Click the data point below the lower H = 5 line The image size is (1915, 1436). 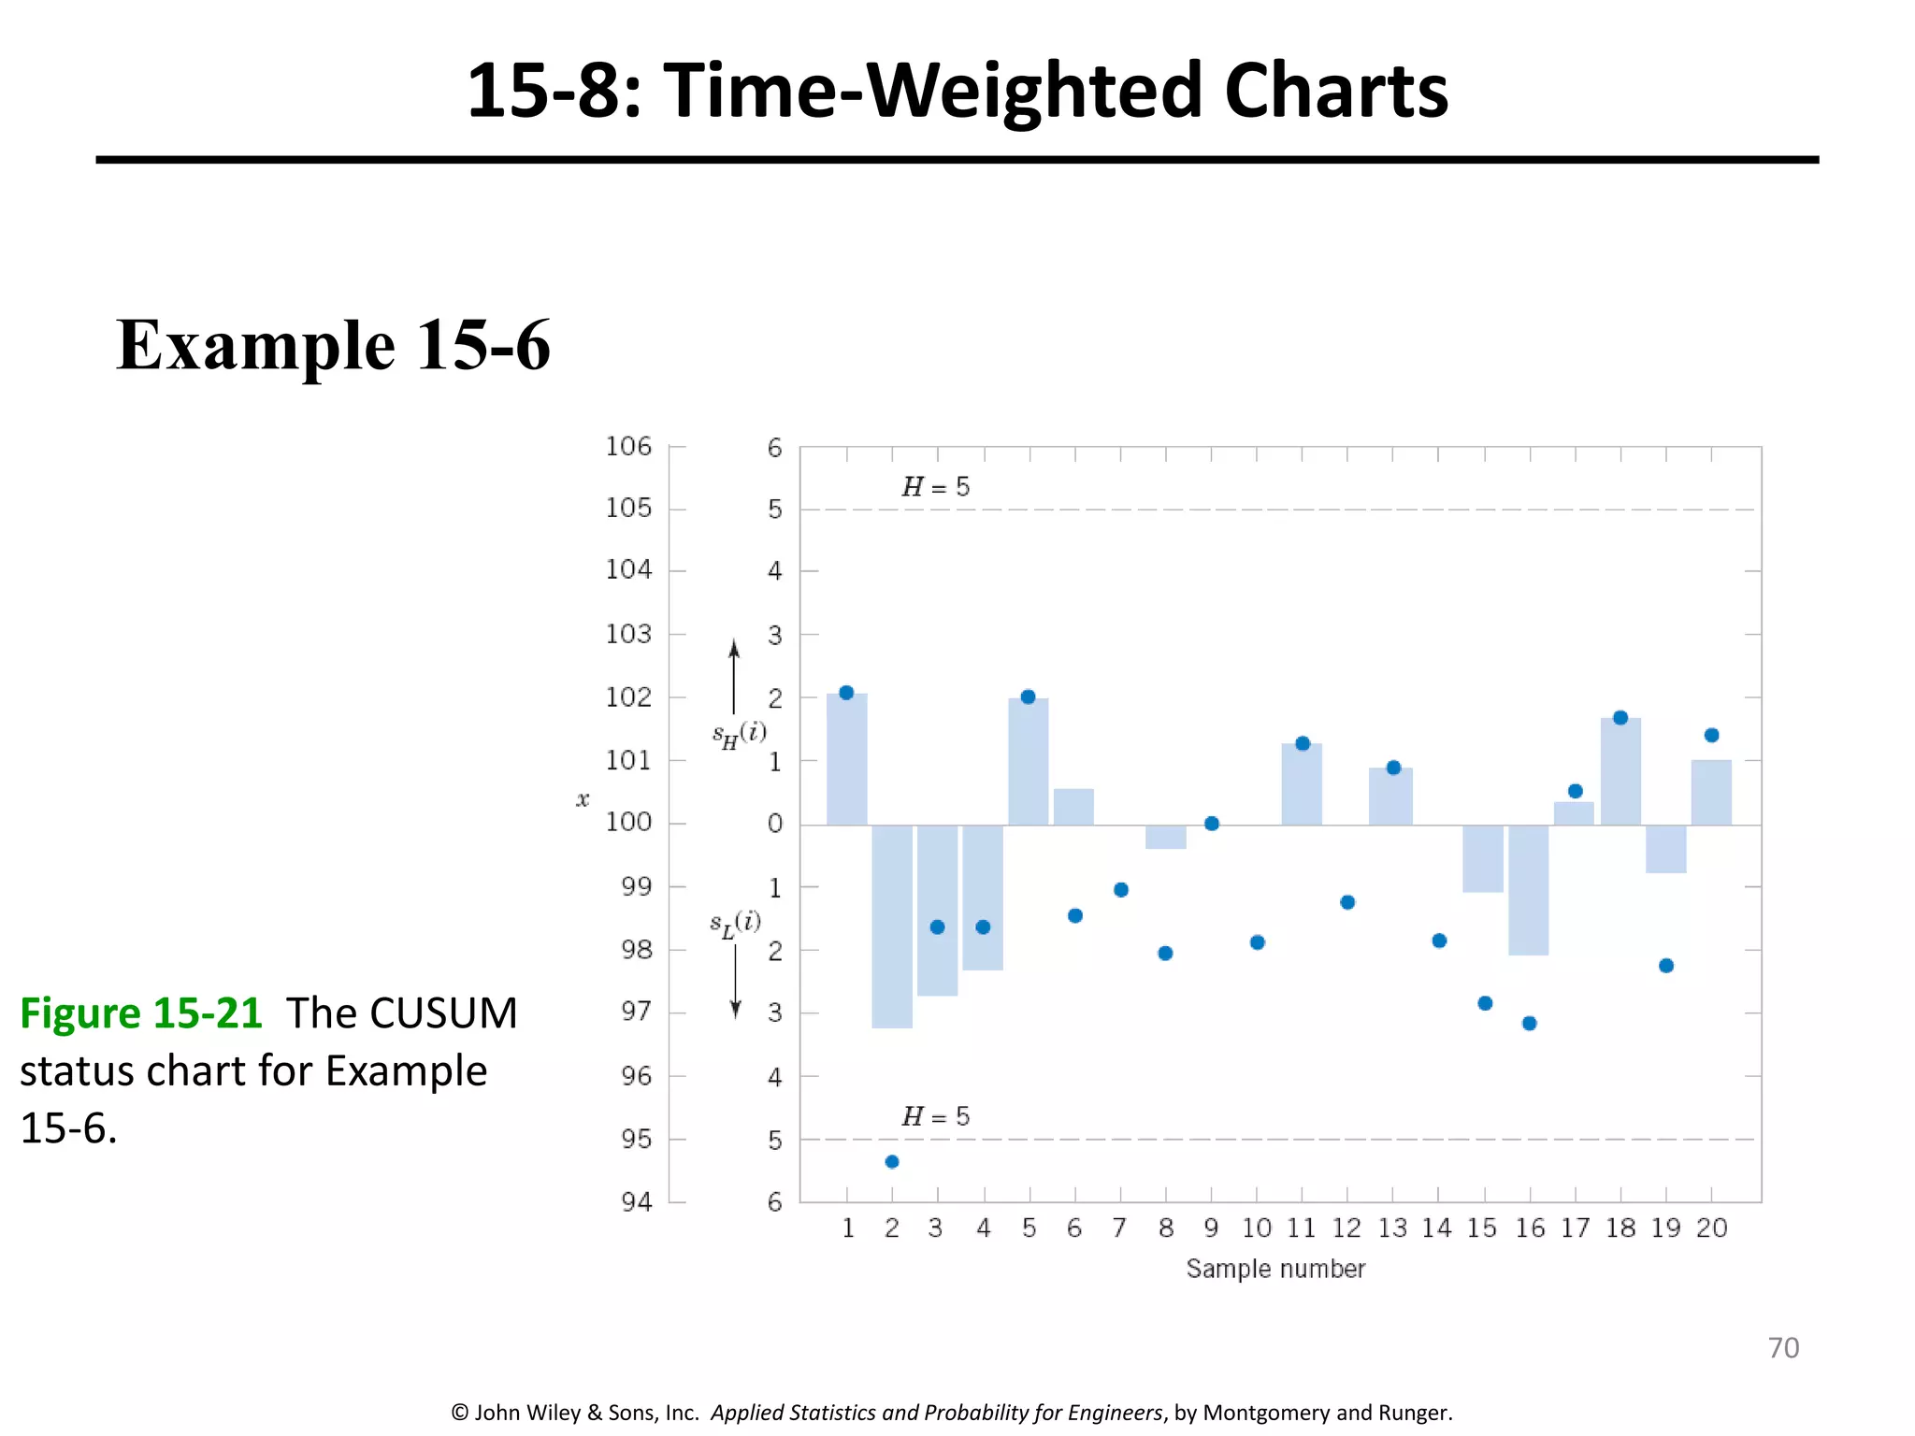(891, 1161)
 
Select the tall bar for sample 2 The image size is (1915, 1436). (891, 926)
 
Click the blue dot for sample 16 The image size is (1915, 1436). (1529, 1023)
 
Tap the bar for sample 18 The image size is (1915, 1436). (1620, 772)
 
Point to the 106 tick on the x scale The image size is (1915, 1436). (628, 446)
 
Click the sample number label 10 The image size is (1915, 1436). (1256, 1228)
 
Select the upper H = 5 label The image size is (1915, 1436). (935, 487)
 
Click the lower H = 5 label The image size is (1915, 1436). (935, 1116)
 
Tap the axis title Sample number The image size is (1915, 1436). (1275, 1269)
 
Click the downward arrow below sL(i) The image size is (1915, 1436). (735, 982)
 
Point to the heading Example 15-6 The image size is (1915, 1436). (333, 345)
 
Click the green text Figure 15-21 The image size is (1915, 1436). (141, 1013)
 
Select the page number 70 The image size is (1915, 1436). (1782, 1347)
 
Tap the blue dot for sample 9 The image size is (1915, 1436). (1211, 824)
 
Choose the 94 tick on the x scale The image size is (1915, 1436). (636, 1201)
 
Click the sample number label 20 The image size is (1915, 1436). (1711, 1228)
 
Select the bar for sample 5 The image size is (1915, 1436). (1028, 762)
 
